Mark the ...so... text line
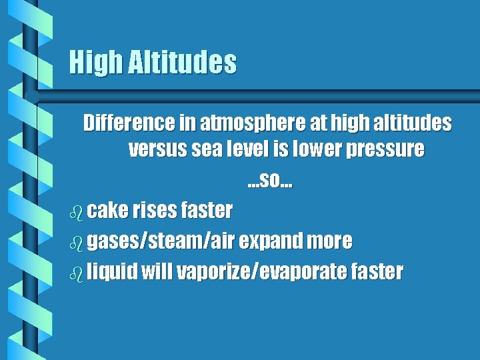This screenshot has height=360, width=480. click(x=271, y=180)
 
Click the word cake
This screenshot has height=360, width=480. click(x=107, y=211)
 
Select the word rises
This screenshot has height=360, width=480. click(x=154, y=211)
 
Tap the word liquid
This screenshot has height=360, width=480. click(x=112, y=272)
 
